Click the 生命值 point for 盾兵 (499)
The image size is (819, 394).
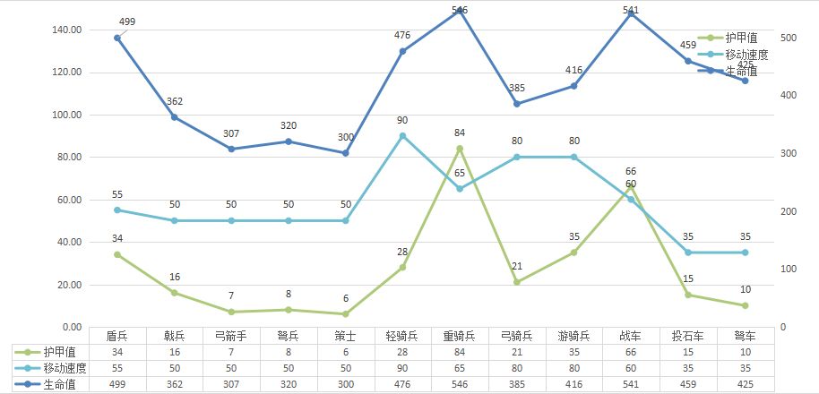tap(117, 38)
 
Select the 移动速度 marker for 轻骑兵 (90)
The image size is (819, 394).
tap(402, 136)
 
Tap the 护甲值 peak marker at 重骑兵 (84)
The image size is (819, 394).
tap(460, 149)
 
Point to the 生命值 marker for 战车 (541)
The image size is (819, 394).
tap(631, 14)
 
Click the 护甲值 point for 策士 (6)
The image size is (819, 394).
tap(346, 314)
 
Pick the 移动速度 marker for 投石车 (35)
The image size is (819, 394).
tap(688, 253)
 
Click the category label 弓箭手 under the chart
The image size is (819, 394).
tap(231, 336)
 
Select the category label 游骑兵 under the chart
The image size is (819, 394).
tap(573, 336)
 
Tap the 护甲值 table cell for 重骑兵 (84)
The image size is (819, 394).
tap(460, 352)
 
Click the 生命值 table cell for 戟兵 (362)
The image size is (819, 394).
tap(175, 384)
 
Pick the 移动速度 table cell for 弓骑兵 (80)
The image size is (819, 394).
tap(517, 368)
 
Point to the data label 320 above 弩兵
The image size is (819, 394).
tap(289, 125)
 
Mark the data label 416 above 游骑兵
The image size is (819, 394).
tap(573, 70)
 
